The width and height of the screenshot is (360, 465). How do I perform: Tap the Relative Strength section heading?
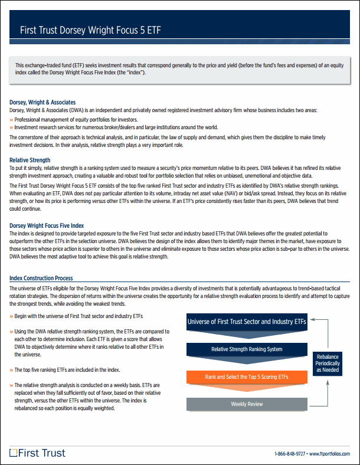click(x=30, y=160)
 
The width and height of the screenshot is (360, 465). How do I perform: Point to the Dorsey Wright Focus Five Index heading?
click(x=47, y=225)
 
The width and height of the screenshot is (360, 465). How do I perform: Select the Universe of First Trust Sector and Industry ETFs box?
click(x=247, y=322)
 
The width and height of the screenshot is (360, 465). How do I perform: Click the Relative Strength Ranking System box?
click(x=247, y=349)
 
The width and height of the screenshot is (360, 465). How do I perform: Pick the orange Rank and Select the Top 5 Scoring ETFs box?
click(x=247, y=376)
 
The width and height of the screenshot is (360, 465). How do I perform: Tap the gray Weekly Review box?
click(x=247, y=404)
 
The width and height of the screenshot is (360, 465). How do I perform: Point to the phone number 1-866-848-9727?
click(x=290, y=454)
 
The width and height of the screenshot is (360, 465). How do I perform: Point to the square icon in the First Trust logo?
click(x=14, y=453)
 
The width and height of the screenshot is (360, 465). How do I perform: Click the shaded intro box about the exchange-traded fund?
click(x=179, y=68)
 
